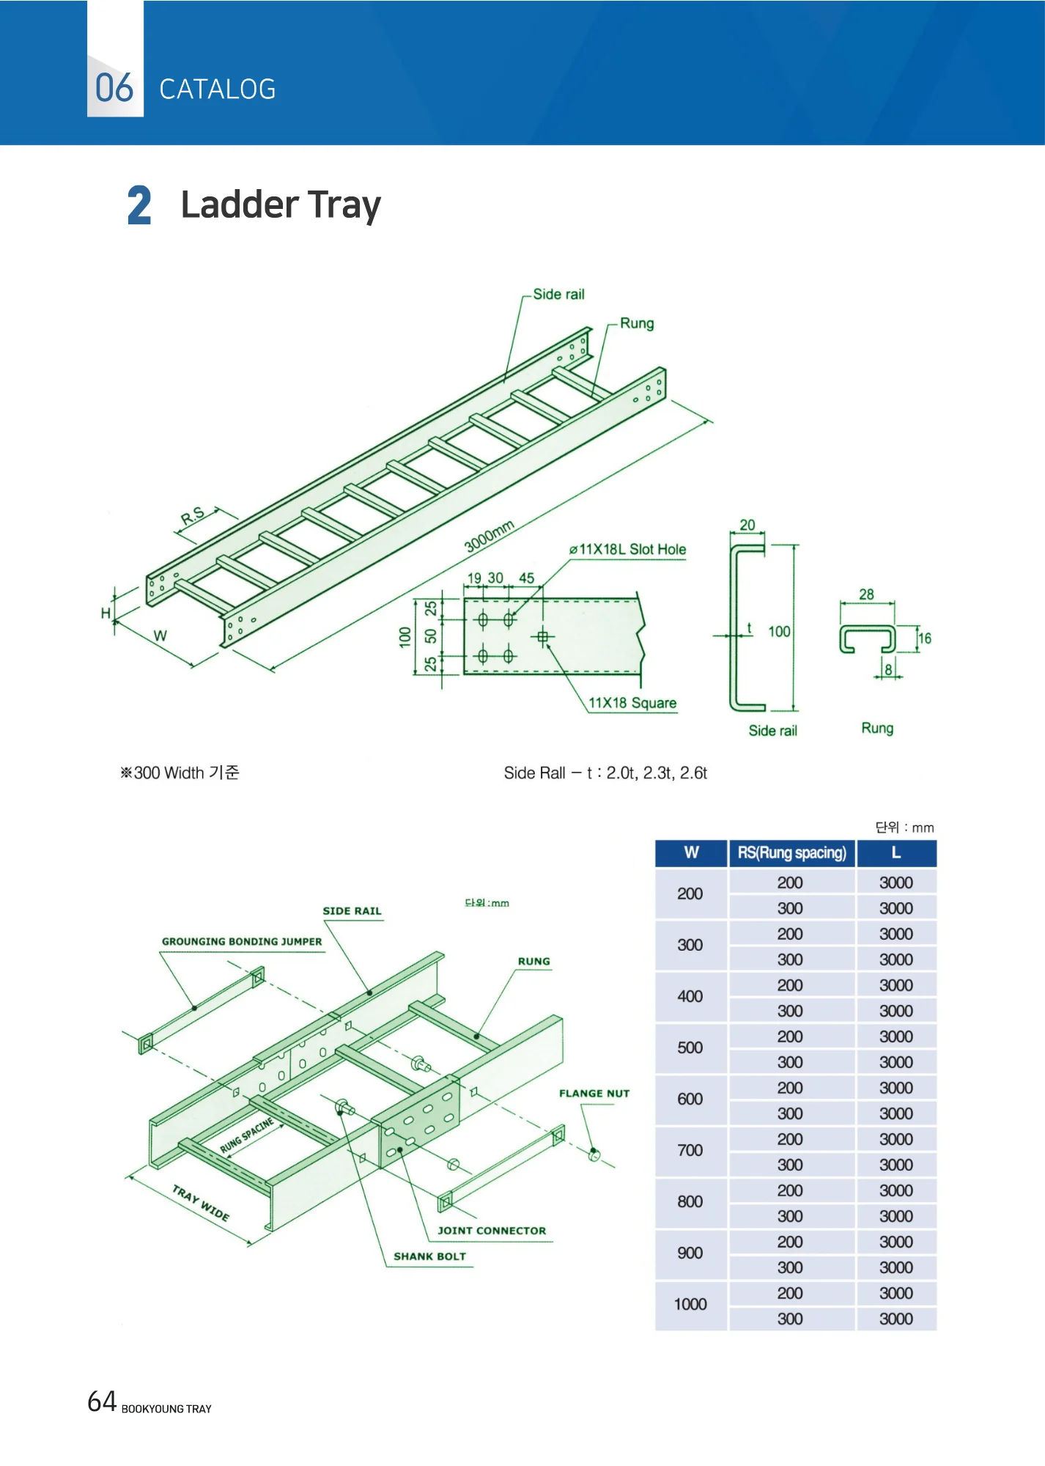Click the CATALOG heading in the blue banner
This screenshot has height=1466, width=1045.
pos(218,89)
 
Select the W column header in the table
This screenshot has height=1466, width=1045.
pos(691,852)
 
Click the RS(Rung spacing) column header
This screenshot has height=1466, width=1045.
pos(791,852)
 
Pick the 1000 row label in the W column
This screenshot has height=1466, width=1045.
pos(690,1304)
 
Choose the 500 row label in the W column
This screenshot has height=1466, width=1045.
pos(690,1047)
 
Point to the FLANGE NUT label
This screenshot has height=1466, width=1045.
pos(594,1093)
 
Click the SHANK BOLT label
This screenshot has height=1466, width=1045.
pos(429,1256)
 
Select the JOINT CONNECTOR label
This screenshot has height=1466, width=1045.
pos(492,1231)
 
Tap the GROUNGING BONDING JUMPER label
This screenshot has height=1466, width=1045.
pos(242,941)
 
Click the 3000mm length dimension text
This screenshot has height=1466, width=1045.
pos(490,536)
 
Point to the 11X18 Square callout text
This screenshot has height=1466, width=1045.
pos(632,703)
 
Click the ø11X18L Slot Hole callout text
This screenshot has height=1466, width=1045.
pos(628,549)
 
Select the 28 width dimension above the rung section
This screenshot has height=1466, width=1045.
pos(866,594)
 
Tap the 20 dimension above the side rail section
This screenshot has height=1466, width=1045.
pos(747,525)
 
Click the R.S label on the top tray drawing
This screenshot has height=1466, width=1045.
pos(193,516)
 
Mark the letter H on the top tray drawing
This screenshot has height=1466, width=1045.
pos(106,613)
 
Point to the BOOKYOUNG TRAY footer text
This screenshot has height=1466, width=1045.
pos(166,1409)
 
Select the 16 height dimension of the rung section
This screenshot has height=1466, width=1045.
pos(925,638)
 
